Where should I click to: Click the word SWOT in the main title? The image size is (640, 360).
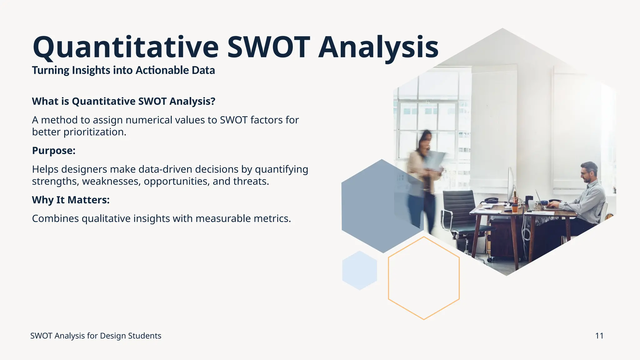268,47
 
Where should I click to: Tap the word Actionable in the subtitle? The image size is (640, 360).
162,70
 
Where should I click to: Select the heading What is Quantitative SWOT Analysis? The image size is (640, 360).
123,101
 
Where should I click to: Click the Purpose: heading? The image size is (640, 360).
54,151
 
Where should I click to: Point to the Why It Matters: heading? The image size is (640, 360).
71,200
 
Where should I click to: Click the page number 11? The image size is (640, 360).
599,336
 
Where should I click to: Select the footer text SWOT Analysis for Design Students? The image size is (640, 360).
96,336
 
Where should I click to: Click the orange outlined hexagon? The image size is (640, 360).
423,278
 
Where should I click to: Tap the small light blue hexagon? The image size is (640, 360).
359,270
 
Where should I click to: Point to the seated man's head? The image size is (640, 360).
589,172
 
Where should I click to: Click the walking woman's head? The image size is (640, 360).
425,139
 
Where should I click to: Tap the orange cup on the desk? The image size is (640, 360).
515,207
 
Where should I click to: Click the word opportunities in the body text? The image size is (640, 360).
176,182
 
